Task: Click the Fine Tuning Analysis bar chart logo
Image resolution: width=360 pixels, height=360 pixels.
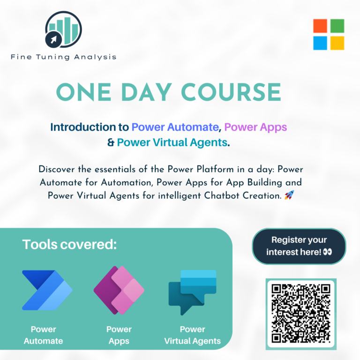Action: (63, 30)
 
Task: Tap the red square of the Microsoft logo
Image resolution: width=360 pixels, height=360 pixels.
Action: (320, 26)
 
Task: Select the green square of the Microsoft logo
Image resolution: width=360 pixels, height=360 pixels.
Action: (337, 26)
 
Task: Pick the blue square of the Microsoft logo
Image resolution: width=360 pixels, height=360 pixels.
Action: (320, 43)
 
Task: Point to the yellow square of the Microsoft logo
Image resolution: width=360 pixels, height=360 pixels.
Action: (337, 43)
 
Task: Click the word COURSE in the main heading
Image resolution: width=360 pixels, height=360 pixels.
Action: (231, 92)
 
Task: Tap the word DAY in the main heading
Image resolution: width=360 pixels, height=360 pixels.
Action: (146, 92)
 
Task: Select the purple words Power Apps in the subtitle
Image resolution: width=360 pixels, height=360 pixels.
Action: (255, 127)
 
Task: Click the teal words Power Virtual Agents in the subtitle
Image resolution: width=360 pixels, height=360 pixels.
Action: (172, 143)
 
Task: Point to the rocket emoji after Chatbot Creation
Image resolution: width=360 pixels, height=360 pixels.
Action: (289, 195)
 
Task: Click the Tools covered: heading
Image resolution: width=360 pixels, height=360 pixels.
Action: (69, 244)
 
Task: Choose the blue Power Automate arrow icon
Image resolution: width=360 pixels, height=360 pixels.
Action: (47, 290)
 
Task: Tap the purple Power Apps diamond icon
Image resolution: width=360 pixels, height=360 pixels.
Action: (119, 290)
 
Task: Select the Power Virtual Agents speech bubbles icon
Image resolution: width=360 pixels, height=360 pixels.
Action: (192, 292)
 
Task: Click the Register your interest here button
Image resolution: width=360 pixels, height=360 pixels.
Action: (299, 246)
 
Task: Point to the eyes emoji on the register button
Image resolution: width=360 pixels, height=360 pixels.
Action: (327, 252)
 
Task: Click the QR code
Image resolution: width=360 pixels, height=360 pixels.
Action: (301, 314)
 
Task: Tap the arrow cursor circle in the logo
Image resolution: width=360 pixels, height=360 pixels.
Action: (53, 40)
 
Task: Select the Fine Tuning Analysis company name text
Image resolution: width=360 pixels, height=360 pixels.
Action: (63, 57)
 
